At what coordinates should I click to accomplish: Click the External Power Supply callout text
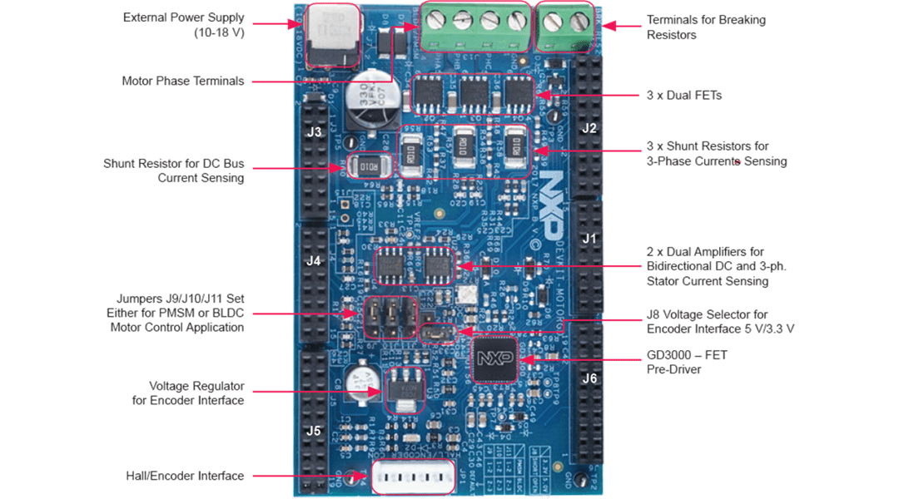(x=184, y=25)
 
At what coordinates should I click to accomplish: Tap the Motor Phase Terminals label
(x=183, y=81)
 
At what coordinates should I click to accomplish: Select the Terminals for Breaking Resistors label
(x=706, y=27)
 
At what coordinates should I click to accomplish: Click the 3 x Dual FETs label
(x=684, y=96)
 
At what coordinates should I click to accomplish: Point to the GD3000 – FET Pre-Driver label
(x=687, y=362)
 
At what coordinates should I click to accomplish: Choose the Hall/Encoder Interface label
(x=185, y=476)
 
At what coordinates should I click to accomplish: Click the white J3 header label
(x=314, y=132)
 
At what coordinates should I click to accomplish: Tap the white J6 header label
(x=589, y=378)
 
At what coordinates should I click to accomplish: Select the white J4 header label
(x=314, y=260)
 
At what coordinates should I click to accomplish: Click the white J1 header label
(x=589, y=239)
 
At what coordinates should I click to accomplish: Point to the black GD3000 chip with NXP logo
(x=494, y=359)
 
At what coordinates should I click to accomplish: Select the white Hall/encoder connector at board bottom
(x=414, y=477)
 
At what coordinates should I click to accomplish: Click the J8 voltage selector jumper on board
(x=434, y=333)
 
